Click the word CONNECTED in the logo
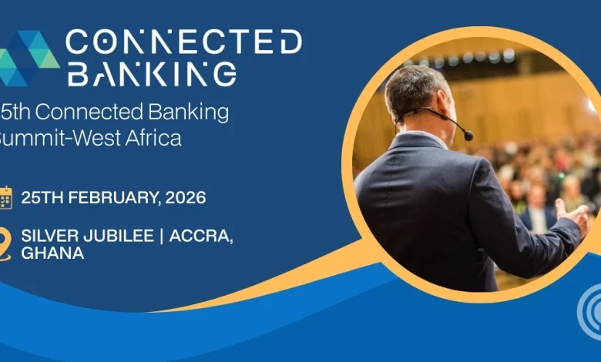pos(183,42)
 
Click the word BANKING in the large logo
pos(151,74)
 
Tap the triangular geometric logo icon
pos(29,59)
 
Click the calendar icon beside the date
pos(5,197)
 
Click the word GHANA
pos(52,253)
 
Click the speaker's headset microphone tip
pos(468,136)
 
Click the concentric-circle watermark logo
pos(590,312)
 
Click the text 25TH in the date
pos(42,197)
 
